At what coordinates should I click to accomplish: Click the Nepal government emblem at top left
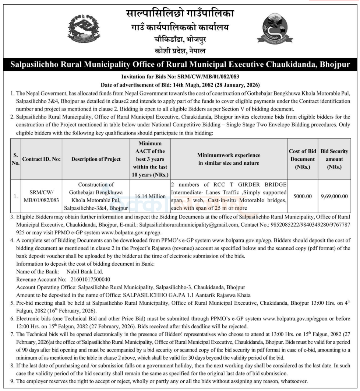(84, 28)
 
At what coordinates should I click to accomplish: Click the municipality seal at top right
(275, 28)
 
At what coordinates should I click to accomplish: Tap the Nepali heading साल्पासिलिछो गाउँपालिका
(180, 14)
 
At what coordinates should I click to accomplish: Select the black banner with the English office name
(180, 64)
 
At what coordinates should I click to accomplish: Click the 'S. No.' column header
(15, 159)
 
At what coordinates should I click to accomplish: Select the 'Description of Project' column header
(96, 159)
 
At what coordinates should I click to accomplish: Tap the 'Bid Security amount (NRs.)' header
(334, 159)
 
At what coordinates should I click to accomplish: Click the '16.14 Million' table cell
(150, 196)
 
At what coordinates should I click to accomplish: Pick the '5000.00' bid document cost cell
(303, 196)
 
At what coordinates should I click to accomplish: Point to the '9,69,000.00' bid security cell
(334, 196)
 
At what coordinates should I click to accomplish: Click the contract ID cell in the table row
(41, 196)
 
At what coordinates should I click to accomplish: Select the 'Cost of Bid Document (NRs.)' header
(303, 159)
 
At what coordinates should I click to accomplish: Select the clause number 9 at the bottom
(13, 381)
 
